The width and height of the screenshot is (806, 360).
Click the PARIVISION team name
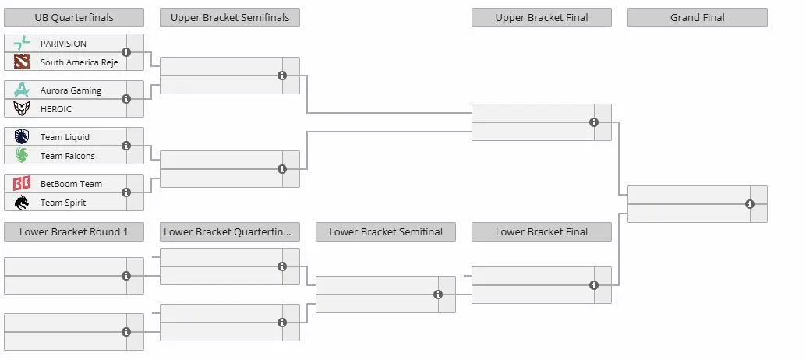point(63,44)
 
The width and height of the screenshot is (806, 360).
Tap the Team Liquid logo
point(22,136)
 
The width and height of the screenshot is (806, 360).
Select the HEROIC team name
point(56,109)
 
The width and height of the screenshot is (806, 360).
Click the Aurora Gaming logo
point(22,90)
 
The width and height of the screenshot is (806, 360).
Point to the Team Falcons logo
point(22,155)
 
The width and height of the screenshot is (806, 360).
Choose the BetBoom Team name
point(71,184)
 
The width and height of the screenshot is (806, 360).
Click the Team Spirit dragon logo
point(22,203)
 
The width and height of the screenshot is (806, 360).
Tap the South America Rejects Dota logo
point(22,62)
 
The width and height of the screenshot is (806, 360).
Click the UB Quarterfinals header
point(74,17)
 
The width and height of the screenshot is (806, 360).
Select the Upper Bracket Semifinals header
point(230,17)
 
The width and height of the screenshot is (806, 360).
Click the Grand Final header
point(698,17)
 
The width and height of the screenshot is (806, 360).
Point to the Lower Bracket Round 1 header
point(74,231)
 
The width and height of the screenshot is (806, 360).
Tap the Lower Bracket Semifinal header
point(386,231)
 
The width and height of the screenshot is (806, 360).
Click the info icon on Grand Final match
point(750,204)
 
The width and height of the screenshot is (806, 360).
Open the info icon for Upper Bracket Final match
point(594,122)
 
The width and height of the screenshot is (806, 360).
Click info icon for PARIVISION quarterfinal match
point(126,52)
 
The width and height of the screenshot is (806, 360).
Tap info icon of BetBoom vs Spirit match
point(126,192)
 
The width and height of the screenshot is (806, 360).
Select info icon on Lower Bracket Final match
point(594,285)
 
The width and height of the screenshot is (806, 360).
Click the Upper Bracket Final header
point(542,17)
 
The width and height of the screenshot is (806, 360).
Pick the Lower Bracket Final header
point(542,231)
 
